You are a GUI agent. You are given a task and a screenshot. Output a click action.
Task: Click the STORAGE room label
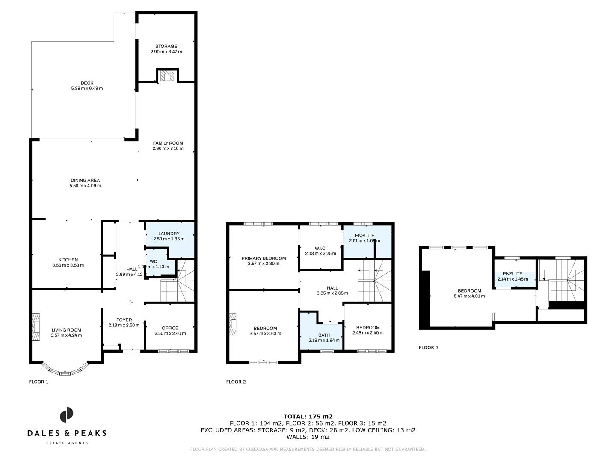166,46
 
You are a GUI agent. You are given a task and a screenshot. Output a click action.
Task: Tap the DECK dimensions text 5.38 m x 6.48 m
87,89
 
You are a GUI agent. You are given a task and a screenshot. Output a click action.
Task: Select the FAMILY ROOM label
168,143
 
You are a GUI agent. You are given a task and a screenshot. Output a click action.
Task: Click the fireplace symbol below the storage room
166,76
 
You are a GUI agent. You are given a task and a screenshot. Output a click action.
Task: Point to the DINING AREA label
85,180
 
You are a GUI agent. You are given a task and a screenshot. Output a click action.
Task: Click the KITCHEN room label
68,260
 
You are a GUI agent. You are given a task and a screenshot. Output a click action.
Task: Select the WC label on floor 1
153,261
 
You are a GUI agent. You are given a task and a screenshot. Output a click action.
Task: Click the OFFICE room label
170,328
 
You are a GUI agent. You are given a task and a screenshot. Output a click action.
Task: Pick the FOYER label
124,320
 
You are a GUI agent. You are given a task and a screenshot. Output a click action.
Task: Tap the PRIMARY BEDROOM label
264,258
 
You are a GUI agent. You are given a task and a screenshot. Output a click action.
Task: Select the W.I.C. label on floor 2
320,248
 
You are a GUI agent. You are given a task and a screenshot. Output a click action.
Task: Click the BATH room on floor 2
324,335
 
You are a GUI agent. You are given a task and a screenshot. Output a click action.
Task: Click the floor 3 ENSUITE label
512,274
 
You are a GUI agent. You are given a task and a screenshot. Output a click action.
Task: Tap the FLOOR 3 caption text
428,347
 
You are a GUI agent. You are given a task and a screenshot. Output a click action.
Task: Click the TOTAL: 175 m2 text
308,416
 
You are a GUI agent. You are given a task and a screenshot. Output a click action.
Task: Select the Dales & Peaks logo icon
66,415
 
